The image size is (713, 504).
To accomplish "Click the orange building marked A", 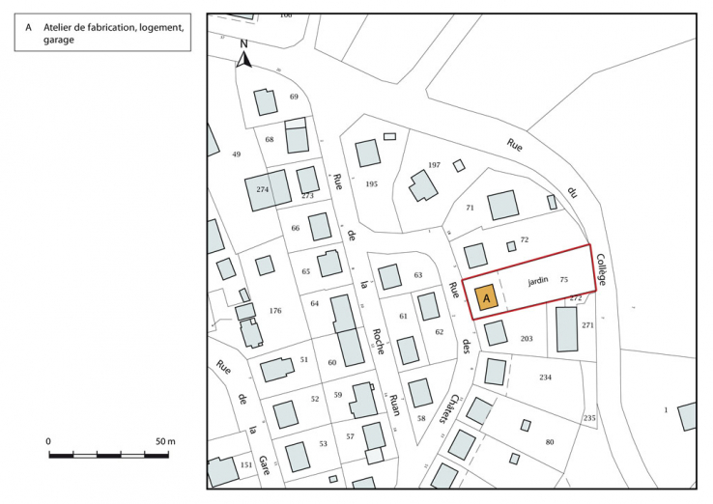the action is tap(486, 299).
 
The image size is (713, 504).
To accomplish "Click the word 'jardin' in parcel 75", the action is tap(537, 280).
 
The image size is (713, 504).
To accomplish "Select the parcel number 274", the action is tap(262, 189).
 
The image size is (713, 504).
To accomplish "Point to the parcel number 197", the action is tap(434, 165).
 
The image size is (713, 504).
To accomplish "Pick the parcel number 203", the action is tap(527, 339).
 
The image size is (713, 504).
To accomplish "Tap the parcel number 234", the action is tap(545, 377).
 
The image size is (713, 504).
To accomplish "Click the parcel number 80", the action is tap(549, 441).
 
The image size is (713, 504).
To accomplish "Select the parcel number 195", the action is tap(371, 183).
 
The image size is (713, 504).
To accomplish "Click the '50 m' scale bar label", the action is tap(164, 441).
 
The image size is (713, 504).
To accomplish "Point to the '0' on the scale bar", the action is tap(48, 441).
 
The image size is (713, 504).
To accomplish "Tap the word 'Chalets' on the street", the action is tap(451, 409).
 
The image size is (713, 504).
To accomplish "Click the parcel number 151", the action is tap(246, 464).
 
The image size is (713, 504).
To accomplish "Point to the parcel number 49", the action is tap(236, 154).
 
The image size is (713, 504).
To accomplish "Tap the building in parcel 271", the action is tap(566, 328).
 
